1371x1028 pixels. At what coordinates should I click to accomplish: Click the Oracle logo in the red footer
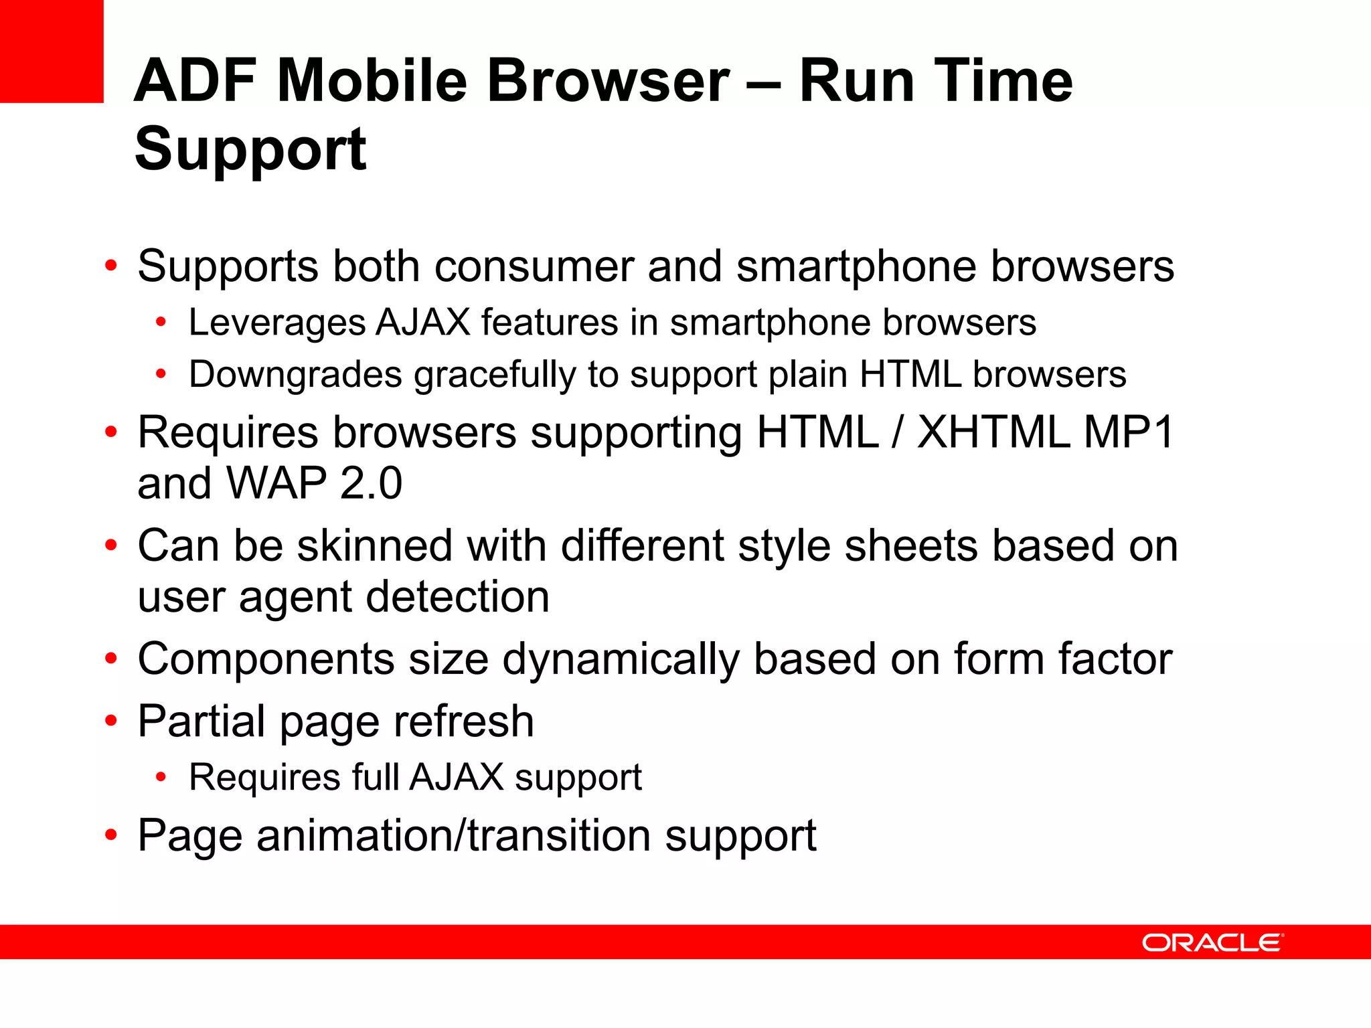1212,942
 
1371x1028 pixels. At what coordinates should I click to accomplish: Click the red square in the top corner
52,51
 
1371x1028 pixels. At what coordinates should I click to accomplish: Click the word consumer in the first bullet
534,266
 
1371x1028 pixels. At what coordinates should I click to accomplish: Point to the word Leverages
276,323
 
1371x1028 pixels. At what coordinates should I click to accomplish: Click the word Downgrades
295,375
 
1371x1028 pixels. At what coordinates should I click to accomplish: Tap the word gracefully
495,375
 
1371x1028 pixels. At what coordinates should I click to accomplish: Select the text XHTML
993,432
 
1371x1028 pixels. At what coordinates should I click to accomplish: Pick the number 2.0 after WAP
371,483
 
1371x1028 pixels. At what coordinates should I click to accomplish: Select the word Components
266,660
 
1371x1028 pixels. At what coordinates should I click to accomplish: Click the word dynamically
621,660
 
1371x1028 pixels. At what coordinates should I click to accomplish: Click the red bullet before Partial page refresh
111,721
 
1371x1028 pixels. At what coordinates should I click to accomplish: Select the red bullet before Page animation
111,835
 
